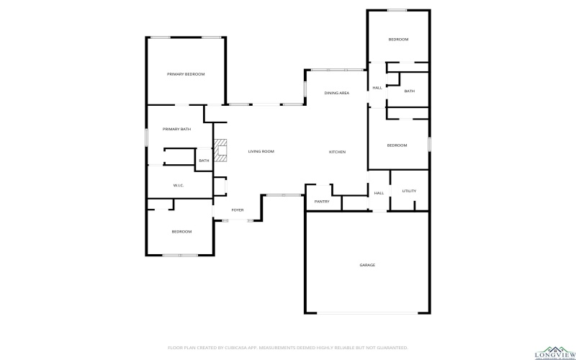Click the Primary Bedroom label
tap(186, 74)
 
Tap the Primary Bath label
tap(176, 129)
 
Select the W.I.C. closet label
tap(179, 186)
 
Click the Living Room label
tap(261, 151)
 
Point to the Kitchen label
tap(337, 152)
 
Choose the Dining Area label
tap(336, 94)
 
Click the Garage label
tap(367, 265)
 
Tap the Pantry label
tap(322, 202)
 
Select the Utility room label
tap(409, 191)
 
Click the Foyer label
tap(237, 210)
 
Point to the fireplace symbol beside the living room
tap(222, 150)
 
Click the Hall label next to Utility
tap(379, 193)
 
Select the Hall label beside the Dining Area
tap(377, 88)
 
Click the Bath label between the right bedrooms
tap(409, 91)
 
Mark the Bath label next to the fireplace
tap(204, 161)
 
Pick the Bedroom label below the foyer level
tap(181, 231)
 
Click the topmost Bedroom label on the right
tap(398, 40)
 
